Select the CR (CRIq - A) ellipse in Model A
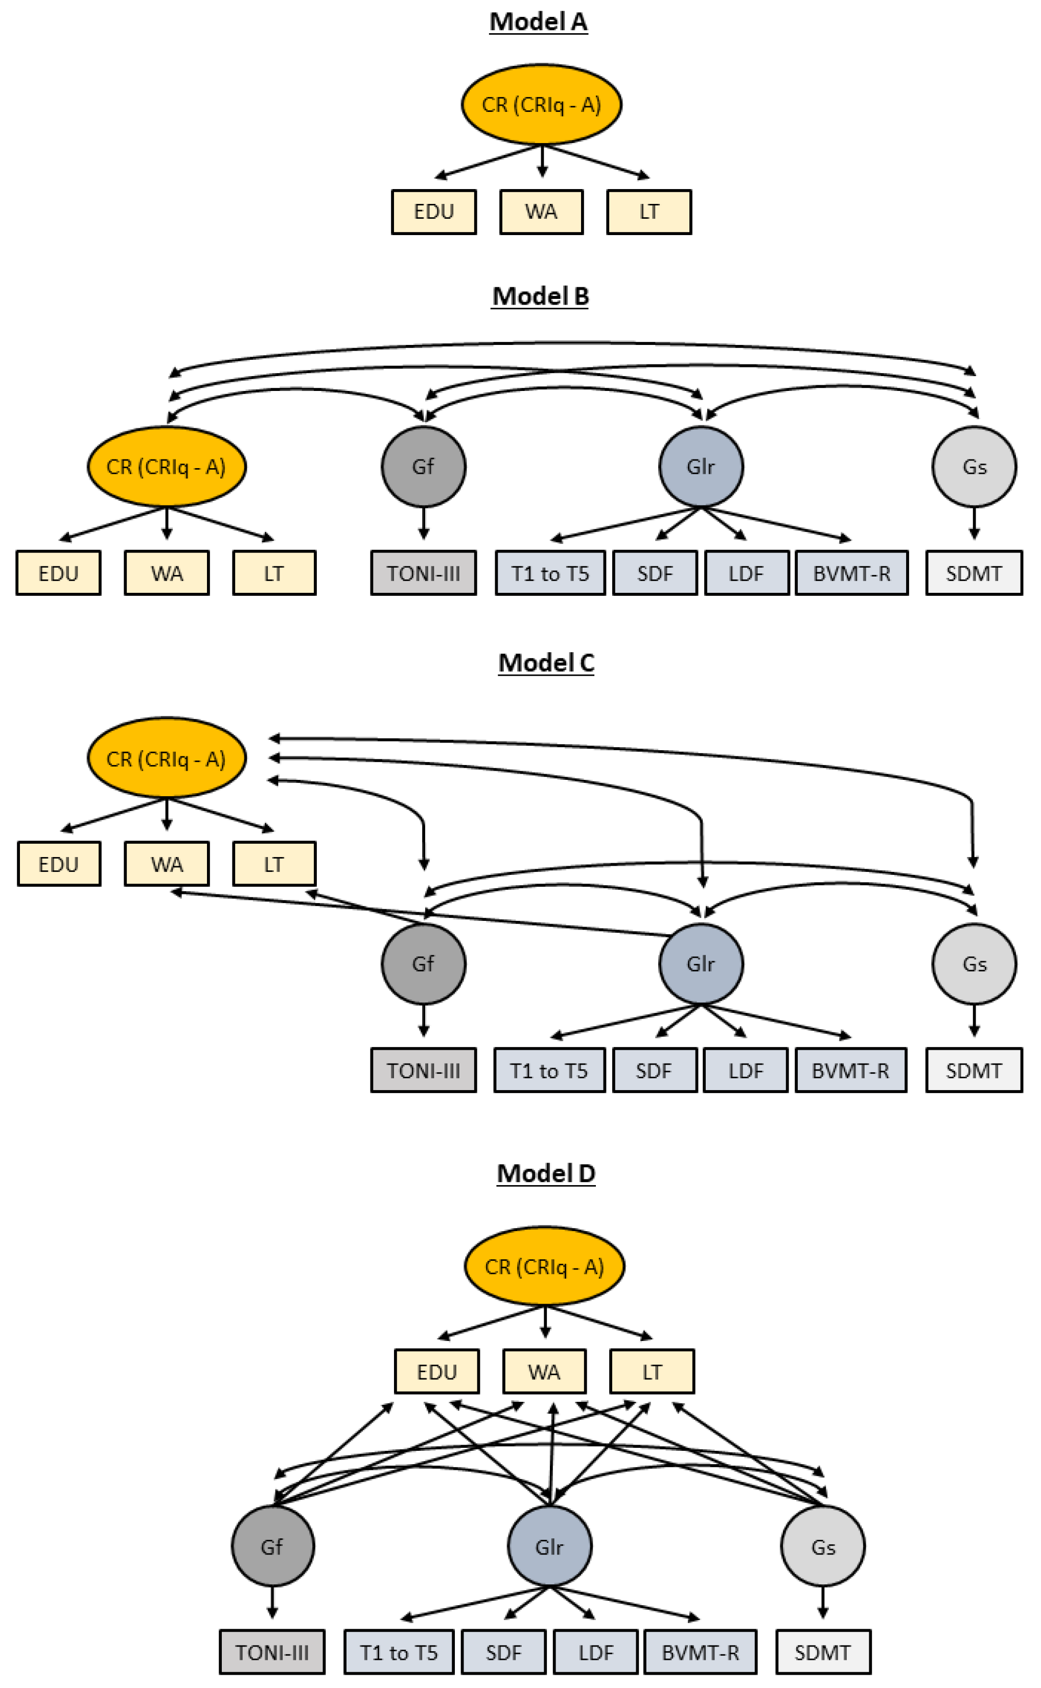(x=541, y=105)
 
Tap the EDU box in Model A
(x=434, y=212)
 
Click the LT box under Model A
(x=649, y=212)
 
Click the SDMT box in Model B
(x=974, y=573)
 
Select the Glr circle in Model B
(x=700, y=467)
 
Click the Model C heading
(x=545, y=663)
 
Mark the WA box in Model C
(x=167, y=864)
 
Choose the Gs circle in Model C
(x=974, y=964)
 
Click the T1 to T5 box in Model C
(x=549, y=1071)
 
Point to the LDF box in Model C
(x=746, y=1071)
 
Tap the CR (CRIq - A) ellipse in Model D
(x=544, y=1267)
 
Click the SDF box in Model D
(x=503, y=1652)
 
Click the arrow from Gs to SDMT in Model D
(x=823, y=1602)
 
